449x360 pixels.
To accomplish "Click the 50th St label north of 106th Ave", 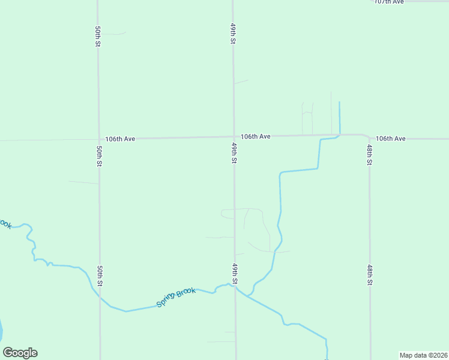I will coord(97,36).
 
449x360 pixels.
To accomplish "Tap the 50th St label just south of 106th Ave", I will coord(99,156).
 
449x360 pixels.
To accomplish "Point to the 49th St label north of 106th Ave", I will coord(232,34).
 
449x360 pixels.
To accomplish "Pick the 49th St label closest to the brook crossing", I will coord(235,273).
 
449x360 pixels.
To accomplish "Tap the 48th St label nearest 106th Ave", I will coord(370,155).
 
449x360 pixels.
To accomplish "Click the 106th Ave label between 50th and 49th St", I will coord(120,139).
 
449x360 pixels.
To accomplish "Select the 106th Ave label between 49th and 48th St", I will coord(256,137).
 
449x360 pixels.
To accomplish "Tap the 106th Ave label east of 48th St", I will coord(391,139).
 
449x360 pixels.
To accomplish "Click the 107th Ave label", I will coord(389,2).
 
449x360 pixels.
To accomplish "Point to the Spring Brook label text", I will coord(176,298).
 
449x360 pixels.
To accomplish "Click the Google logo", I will coord(20,353).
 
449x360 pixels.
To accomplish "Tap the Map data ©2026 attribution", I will coord(423,355).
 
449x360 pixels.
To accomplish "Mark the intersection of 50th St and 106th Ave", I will coord(98,139).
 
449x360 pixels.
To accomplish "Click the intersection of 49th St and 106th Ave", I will coord(234,137).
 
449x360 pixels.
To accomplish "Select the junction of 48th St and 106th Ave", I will coord(368,137).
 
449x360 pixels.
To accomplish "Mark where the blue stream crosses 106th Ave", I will coord(339,135).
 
